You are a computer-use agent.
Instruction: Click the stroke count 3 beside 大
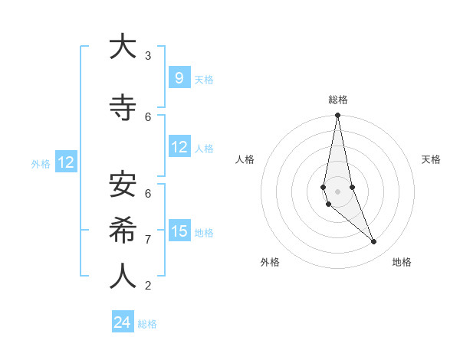pos(148,56)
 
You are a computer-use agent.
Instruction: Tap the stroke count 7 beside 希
pos(148,240)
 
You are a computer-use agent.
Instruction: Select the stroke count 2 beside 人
pos(148,286)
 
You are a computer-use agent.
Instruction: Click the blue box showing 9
pos(179,77)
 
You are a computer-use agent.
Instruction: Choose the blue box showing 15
pos(179,231)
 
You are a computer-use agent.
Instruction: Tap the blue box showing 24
pos(123,322)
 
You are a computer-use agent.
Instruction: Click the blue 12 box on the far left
pos(65,162)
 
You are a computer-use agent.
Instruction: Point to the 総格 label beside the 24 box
pos(148,324)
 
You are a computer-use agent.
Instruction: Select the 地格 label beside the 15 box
pos(204,232)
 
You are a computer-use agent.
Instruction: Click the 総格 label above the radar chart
pos(337,100)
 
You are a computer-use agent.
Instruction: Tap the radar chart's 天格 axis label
pos(431,159)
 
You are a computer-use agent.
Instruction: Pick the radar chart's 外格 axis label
pos(270,262)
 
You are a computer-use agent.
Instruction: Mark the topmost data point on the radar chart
pos(337,115)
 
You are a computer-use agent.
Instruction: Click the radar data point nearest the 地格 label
pos(374,242)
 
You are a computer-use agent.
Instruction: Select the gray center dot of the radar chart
pos(337,191)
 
